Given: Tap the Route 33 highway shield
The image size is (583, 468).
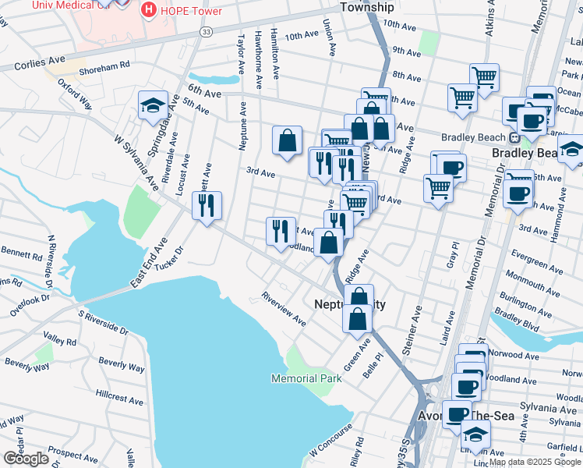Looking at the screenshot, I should pos(206,31).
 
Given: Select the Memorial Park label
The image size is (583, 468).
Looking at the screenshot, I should pos(306,378).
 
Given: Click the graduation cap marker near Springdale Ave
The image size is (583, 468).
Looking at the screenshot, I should pos(153,105).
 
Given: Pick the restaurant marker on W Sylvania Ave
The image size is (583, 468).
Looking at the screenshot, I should pos(207,206).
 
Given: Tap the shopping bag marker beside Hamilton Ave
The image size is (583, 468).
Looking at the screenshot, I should pos(288,140).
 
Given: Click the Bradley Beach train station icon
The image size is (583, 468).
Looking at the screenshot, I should pos(515,138).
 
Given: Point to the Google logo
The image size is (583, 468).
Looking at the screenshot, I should pos(26,459).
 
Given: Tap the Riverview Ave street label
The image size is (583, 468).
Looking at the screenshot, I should pos(284,309).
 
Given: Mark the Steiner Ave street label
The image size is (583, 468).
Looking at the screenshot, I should pos(412,331).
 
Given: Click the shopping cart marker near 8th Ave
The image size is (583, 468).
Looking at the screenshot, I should pos(484,77).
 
